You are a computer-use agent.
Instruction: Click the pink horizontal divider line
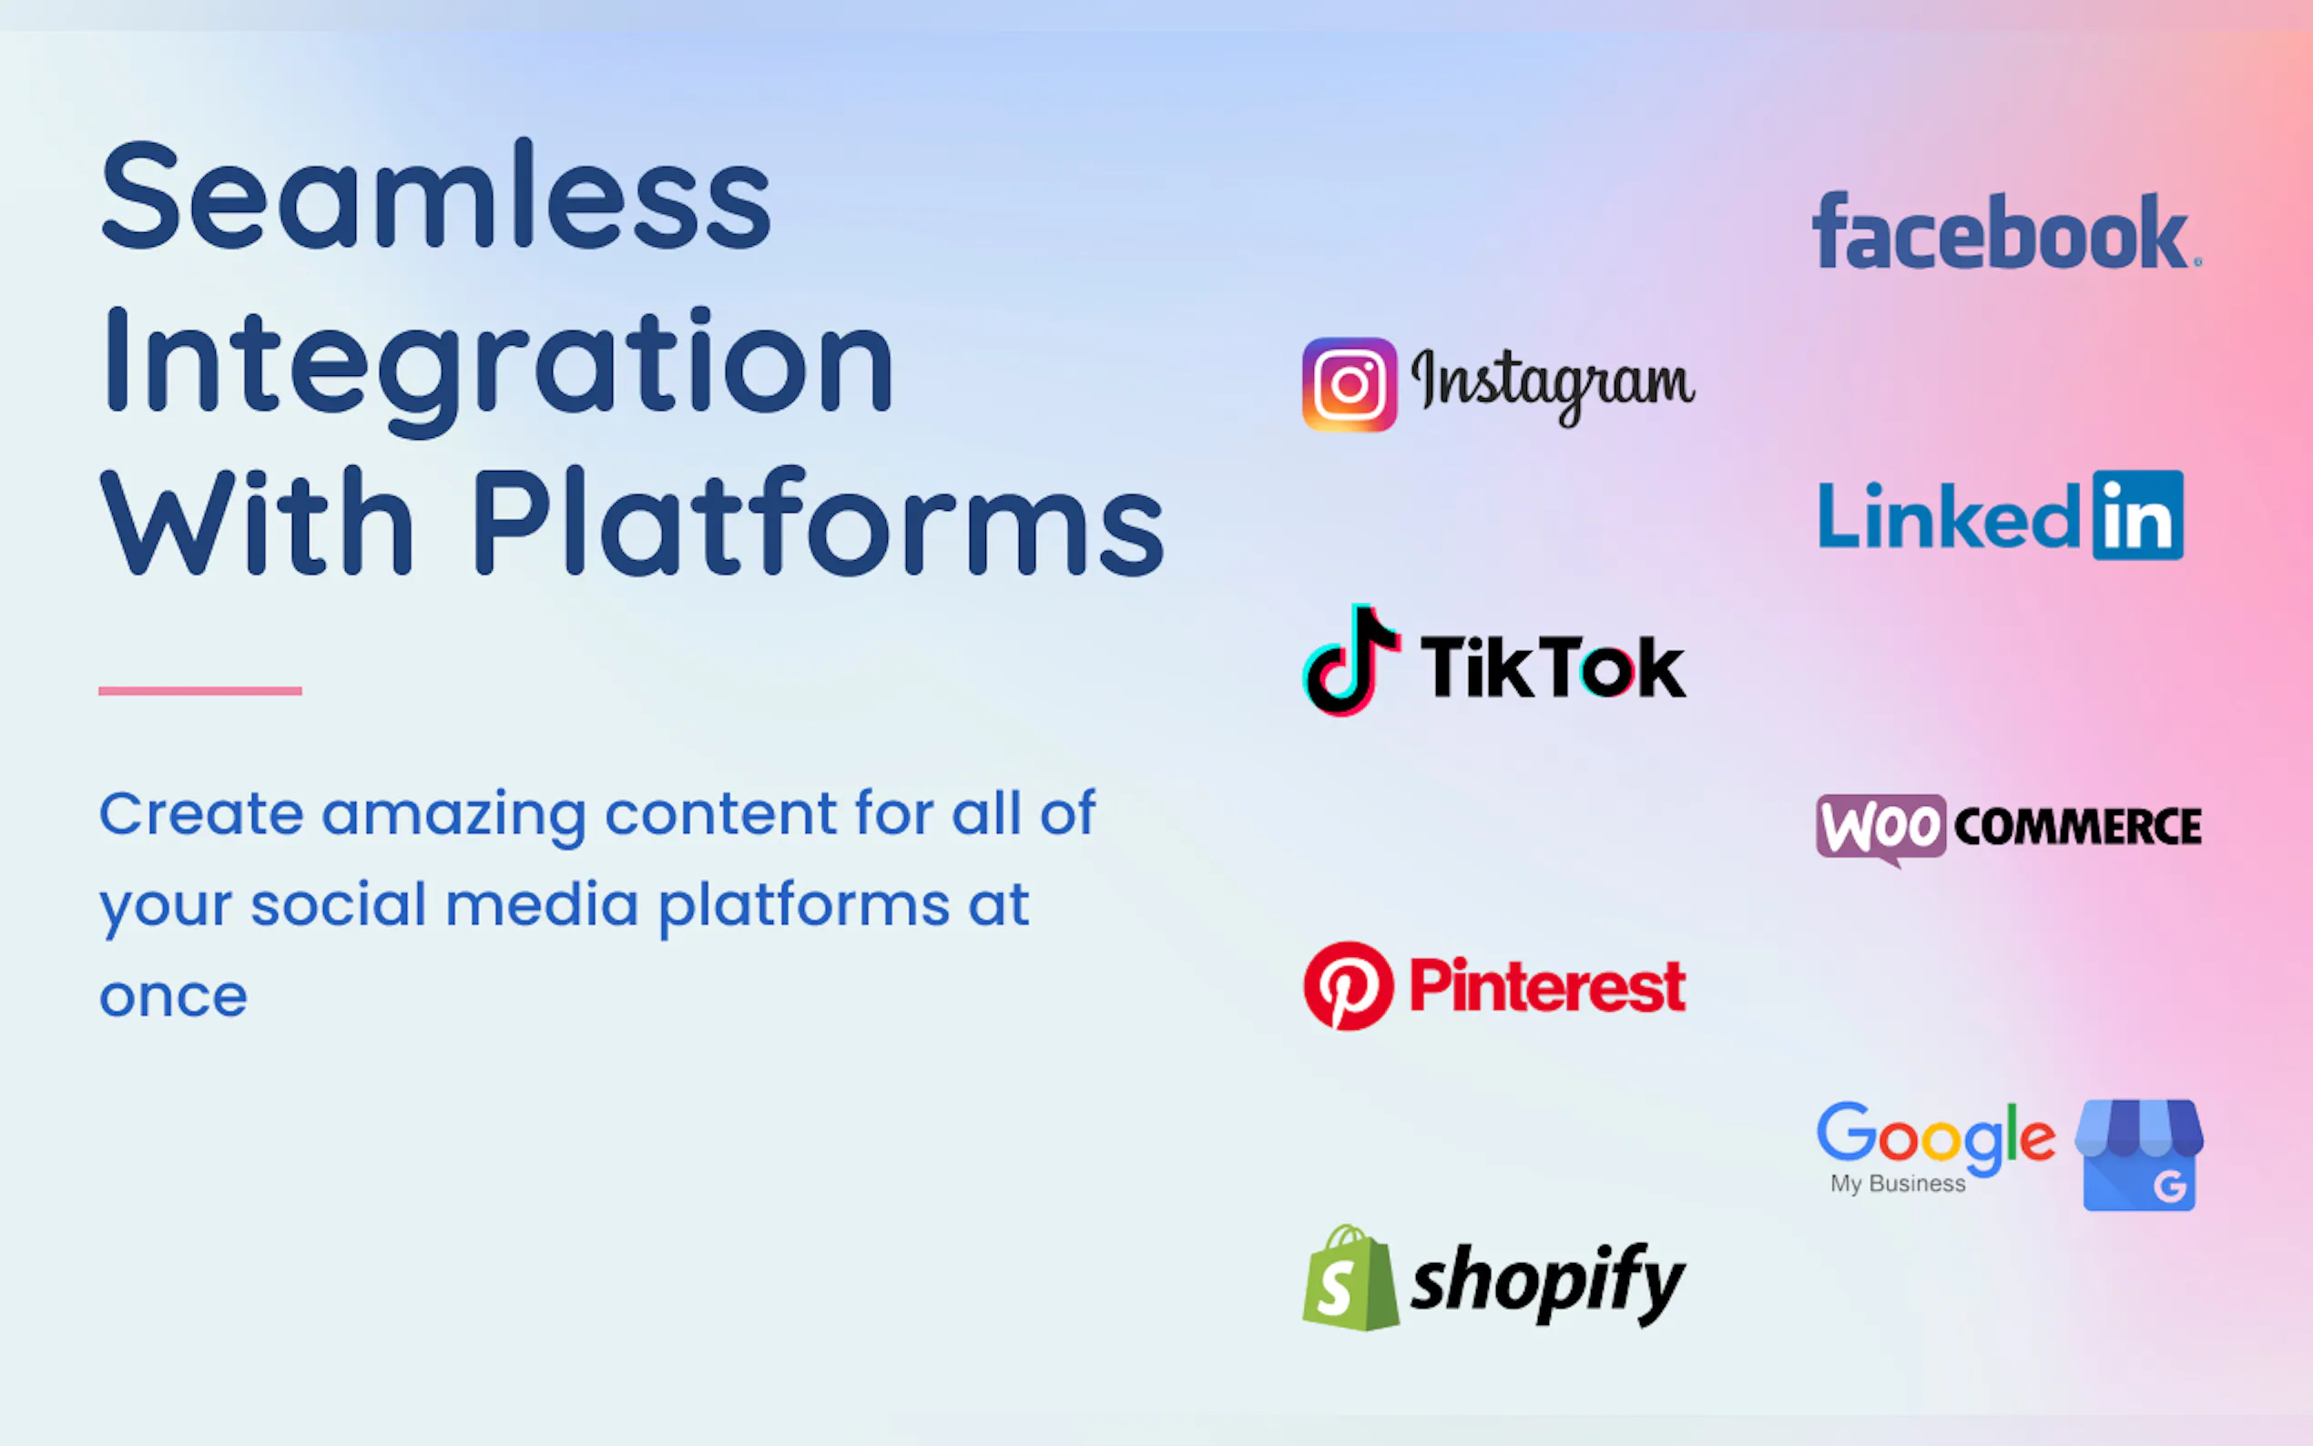pyautogui.click(x=199, y=690)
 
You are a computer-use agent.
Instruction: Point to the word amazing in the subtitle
pyautogui.click(x=454, y=817)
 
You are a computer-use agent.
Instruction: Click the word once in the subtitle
pyautogui.click(x=173, y=998)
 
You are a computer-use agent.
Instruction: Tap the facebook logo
pyautogui.click(x=2006, y=231)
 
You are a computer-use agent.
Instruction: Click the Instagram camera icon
pyautogui.click(x=1350, y=384)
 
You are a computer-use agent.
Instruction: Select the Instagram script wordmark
pyautogui.click(x=1553, y=384)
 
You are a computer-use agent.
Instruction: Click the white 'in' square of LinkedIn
pyautogui.click(x=2138, y=514)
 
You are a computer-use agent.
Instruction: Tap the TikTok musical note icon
pyautogui.click(x=1351, y=660)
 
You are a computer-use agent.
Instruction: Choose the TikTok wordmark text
pyautogui.click(x=1553, y=667)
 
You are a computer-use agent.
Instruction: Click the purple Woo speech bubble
pyautogui.click(x=1880, y=829)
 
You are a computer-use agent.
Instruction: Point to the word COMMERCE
pyautogui.click(x=2078, y=826)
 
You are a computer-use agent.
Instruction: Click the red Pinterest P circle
pyautogui.click(x=1349, y=986)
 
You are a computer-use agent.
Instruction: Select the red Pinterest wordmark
pyautogui.click(x=1547, y=985)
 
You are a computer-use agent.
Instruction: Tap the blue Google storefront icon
pyautogui.click(x=2139, y=1156)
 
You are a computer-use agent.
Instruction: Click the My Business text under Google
pyautogui.click(x=1898, y=1184)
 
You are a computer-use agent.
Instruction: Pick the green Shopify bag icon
pyautogui.click(x=1350, y=1278)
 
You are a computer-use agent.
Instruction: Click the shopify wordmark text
pyautogui.click(x=1547, y=1283)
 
